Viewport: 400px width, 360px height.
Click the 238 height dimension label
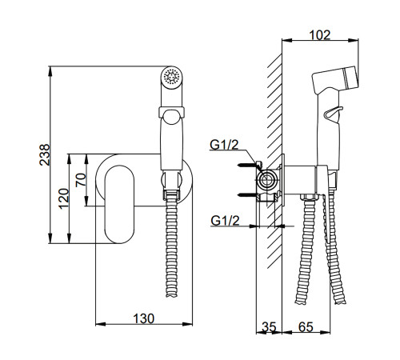pyautogui.click(x=45, y=154)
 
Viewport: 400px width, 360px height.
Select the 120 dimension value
pyautogui.click(x=64, y=198)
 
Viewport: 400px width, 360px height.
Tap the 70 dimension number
pyautogui.click(x=81, y=180)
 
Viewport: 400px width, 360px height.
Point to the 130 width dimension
pyautogui.click(x=143, y=318)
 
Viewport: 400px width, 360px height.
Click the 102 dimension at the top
pyautogui.click(x=320, y=35)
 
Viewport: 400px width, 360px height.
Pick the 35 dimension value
pyautogui.click(x=269, y=327)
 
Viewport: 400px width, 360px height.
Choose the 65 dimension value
pyautogui.click(x=306, y=327)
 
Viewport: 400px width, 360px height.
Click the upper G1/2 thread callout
pyautogui.click(x=224, y=145)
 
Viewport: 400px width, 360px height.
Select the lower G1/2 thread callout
pyautogui.click(x=225, y=221)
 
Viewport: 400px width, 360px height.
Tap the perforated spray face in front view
pyautogui.click(x=171, y=77)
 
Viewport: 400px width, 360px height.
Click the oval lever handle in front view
pyautogui.click(x=120, y=204)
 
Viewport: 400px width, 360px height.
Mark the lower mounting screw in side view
pyautogui.click(x=247, y=195)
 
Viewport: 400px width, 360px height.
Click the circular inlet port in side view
pyautogui.click(x=266, y=180)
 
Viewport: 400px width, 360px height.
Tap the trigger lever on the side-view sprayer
pyautogui.click(x=333, y=113)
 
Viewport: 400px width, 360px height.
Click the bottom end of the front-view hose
pyautogui.click(x=171, y=294)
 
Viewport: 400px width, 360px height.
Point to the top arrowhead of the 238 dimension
pyautogui.click(x=50, y=70)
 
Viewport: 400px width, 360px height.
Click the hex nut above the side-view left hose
pyautogui.click(x=308, y=198)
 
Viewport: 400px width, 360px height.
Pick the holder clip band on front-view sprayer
pyautogui.click(x=171, y=112)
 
